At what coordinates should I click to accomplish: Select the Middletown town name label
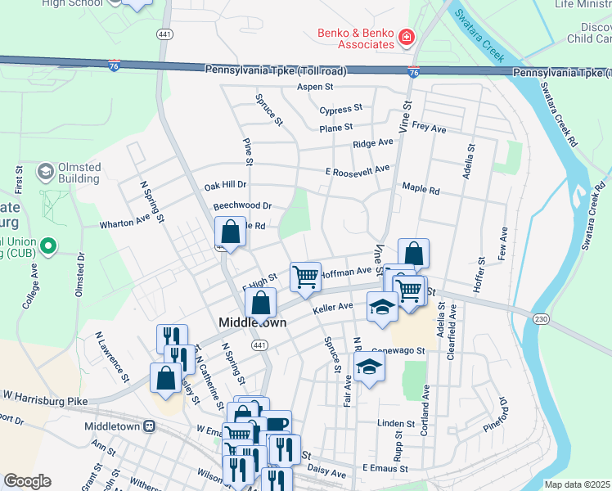(x=253, y=322)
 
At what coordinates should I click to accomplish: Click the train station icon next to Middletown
(x=149, y=426)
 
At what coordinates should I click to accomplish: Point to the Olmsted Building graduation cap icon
(x=45, y=172)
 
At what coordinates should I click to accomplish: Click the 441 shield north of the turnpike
(x=164, y=34)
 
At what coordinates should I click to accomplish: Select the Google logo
(x=27, y=481)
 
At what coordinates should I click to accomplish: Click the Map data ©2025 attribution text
(x=577, y=484)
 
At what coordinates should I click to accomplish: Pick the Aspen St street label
(x=316, y=86)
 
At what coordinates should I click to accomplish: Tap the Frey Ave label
(x=429, y=128)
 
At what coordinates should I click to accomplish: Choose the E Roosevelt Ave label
(x=358, y=169)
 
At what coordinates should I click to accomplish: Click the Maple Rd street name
(x=421, y=191)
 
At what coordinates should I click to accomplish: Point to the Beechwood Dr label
(x=242, y=206)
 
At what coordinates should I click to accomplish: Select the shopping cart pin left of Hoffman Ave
(x=305, y=276)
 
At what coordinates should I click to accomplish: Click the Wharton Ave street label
(x=125, y=223)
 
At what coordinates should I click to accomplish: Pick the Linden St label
(x=396, y=423)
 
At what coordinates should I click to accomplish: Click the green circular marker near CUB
(x=47, y=245)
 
